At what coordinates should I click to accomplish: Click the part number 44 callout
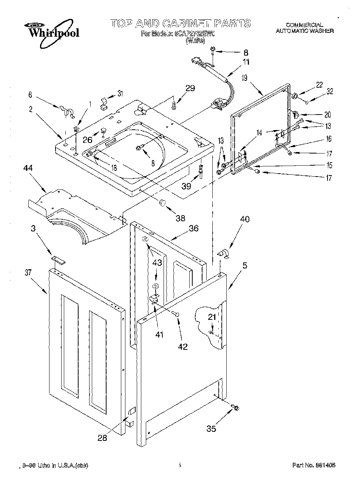click(28, 168)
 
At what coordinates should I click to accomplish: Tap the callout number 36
click(193, 228)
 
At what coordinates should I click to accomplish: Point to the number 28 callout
click(102, 438)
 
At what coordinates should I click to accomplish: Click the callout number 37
click(28, 273)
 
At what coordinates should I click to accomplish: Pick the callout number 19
click(244, 78)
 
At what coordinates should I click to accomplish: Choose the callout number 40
click(245, 219)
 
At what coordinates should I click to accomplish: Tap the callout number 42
click(182, 346)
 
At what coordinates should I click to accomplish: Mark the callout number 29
click(190, 88)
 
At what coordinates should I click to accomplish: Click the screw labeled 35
click(236, 408)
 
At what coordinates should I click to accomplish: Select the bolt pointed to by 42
click(176, 313)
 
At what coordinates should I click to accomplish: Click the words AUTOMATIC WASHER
click(304, 31)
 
